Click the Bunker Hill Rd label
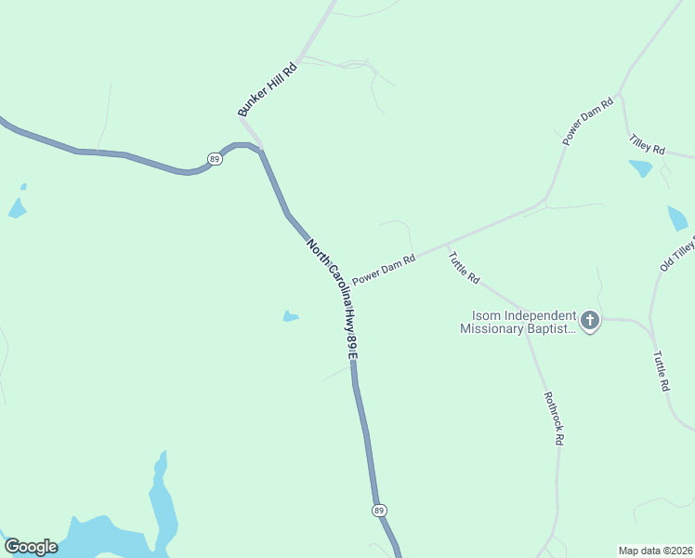267,89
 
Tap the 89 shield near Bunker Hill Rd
215,159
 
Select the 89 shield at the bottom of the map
378,511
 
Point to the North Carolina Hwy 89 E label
333,296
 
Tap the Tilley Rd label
647,143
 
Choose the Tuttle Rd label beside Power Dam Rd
464,267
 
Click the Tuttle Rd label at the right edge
661,370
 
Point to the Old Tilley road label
677,254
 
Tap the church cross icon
589,322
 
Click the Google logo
30,547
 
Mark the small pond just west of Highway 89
291,316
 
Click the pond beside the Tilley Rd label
640,168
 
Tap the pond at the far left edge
17,206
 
